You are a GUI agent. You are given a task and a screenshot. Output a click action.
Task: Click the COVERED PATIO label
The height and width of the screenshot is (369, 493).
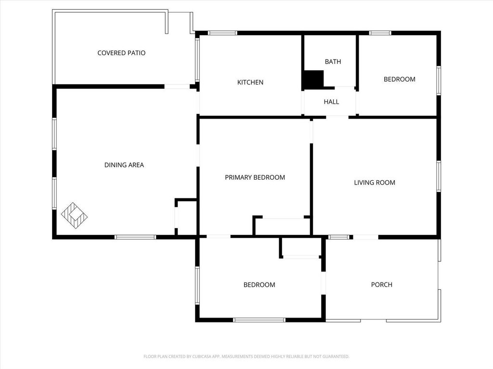[x=121, y=53]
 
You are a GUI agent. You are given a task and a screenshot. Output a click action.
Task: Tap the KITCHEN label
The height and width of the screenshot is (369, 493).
[x=250, y=82]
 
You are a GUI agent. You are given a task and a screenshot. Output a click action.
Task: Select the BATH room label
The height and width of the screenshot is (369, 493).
[x=333, y=61]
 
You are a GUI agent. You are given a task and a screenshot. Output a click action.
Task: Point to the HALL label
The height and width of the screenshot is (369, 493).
[x=331, y=102]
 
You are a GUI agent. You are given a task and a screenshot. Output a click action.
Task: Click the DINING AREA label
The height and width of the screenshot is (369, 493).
[x=124, y=165]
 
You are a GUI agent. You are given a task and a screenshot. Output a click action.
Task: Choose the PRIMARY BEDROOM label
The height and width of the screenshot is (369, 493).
[x=255, y=177]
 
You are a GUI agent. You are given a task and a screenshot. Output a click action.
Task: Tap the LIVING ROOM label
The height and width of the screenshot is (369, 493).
[x=375, y=183]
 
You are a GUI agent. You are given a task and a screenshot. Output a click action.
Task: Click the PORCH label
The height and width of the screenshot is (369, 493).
[x=382, y=284]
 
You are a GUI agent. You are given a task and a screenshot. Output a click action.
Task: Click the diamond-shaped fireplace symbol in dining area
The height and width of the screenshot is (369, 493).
[x=74, y=216]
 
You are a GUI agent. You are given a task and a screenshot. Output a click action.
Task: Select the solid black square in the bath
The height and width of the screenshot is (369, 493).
[x=313, y=80]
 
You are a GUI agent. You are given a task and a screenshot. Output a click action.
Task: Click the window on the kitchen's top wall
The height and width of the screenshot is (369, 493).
[x=222, y=33]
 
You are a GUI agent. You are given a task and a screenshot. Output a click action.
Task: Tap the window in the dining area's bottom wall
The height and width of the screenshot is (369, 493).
[x=135, y=237]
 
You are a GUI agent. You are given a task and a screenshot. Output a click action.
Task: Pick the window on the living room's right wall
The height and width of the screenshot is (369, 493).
[x=439, y=176]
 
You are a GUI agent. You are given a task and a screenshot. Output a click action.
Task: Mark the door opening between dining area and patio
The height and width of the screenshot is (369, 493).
[x=177, y=86]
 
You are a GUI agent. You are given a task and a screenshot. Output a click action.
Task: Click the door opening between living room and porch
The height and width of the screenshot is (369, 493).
[x=365, y=237]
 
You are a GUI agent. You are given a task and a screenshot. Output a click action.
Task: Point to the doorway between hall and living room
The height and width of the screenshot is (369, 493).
[x=337, y=117]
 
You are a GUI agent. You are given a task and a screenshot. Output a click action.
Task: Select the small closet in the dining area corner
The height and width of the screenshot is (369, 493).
[x=186, y=217]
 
